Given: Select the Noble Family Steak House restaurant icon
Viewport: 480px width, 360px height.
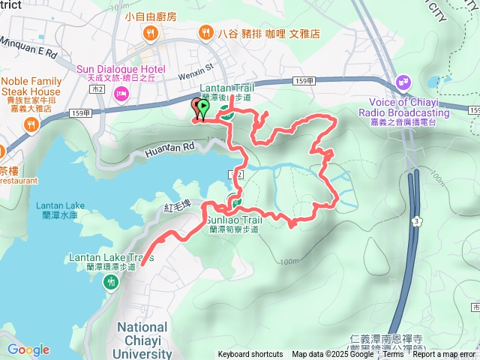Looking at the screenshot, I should point(31,124).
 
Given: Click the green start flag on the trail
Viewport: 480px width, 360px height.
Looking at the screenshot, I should point(203,108).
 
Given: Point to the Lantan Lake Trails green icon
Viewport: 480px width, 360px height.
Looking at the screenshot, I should point(112,282).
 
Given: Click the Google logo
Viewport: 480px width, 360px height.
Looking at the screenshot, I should point(28,349).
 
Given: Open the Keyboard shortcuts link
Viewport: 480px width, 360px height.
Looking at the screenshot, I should point(250,355).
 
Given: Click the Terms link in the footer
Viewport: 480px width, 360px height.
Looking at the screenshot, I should point(393,355).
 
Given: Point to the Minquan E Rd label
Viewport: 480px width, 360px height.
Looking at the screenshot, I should point(31,54).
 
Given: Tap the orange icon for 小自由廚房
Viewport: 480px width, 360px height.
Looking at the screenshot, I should point(151,33).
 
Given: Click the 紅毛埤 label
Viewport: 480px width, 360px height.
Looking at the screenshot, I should point(179,206).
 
